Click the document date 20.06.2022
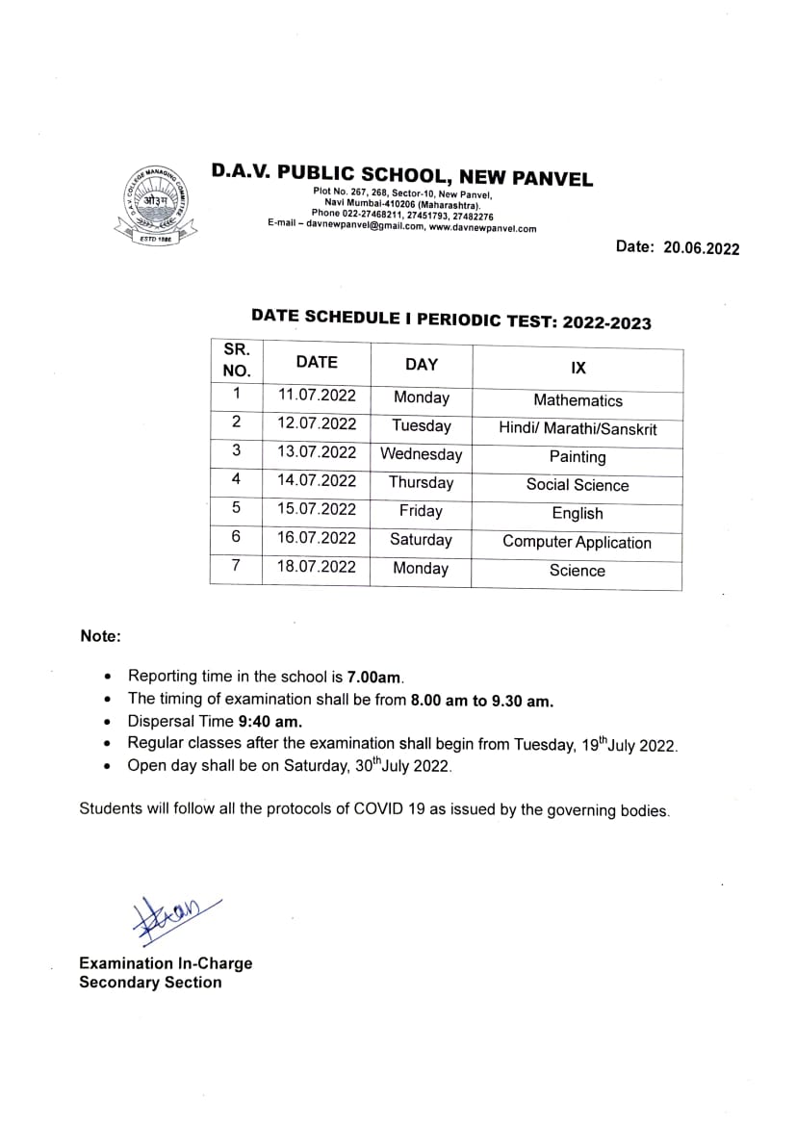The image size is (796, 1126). [x=701, y=248]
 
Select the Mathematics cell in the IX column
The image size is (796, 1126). [x=578, y=400]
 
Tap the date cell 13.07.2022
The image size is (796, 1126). [x=317, y=452]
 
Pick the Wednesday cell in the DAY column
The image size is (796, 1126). [x=421, y=454]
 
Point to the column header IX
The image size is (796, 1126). [x=578, y=368]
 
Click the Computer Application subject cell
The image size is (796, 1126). [x=577, y=542]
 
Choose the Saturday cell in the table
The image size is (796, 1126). [x=421, y=540]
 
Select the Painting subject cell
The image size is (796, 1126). [x=578, y=457]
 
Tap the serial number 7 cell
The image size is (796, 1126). [x=236, y=567]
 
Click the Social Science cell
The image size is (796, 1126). [x=578, y=485]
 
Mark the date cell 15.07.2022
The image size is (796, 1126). [x=317, y=509]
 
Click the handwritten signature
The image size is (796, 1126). [x=173, y=914]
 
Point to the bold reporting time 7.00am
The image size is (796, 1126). [x=368, y=677]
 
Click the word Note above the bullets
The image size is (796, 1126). [x=100, y=636]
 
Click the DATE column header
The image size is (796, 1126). [x=317, y=363]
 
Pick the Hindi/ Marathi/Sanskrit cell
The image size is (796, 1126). [x=578, y=429]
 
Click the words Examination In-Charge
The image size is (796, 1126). [x=166, y=963]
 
